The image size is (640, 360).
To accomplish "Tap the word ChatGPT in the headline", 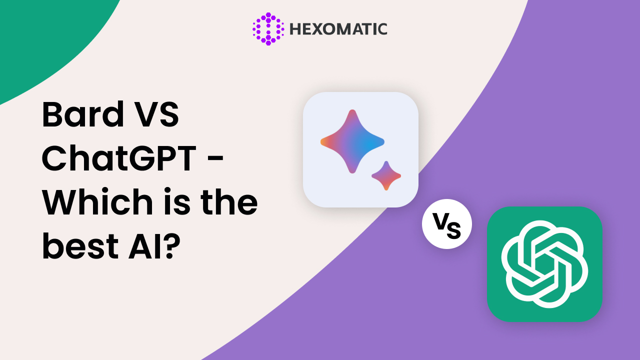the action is (x=119, y=157).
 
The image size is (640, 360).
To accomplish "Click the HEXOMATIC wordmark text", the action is (x=338, y=29).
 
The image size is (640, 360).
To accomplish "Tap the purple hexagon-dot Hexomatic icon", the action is (x=268, y=29).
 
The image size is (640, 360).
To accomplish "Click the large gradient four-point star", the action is (x=352, y=141).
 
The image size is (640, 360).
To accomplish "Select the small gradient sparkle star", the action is (x=386, y=175).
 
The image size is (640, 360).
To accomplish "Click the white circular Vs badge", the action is (x=447, y=224).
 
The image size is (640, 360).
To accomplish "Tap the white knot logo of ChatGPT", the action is (x=544, y=264).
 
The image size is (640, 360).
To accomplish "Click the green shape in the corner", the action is (x=43, y=37).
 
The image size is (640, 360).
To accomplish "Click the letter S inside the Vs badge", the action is (x=454, y=230).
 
